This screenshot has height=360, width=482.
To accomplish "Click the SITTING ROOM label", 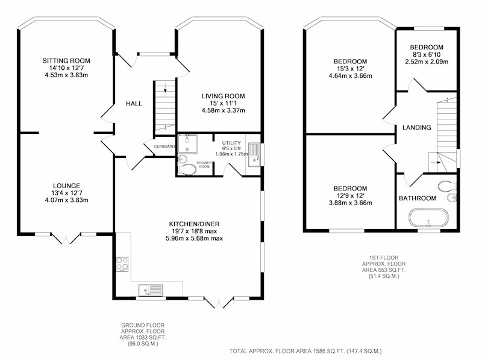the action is [66, 61].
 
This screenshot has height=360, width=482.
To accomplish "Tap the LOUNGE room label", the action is [66, 186].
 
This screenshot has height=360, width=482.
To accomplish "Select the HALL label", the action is [134, 104].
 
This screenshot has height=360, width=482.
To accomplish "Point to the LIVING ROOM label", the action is [223, 96].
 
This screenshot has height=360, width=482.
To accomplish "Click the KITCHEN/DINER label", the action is [194, 224].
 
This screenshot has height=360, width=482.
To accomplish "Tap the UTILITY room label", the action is [231, 143].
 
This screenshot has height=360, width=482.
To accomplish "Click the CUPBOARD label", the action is [164, 147].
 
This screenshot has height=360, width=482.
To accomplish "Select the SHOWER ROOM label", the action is [204, 165].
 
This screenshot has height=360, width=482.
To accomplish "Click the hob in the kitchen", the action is [122, 264].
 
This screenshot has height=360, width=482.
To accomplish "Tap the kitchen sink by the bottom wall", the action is [151, 290].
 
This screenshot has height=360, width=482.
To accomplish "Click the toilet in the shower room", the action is [187, 169].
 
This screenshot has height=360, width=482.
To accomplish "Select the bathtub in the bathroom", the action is [428, 218].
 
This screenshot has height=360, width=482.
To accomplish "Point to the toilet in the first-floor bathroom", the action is [446, 186].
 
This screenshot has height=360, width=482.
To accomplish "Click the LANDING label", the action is [417, 127].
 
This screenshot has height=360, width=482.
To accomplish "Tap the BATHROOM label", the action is [418, 198].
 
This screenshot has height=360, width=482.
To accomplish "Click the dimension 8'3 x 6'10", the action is [427, 54].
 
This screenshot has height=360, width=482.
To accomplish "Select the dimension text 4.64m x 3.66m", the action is [351, 76].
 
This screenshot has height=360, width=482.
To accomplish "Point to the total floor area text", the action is [305, 351].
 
